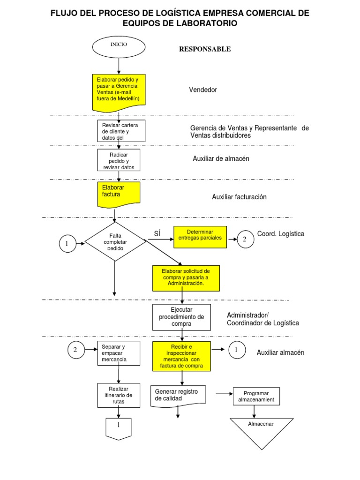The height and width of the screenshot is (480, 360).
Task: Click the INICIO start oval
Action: click(119, 45)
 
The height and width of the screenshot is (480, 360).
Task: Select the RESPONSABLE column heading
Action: click(205, 49)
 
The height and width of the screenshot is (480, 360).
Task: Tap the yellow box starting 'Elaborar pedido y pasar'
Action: click(119, 91)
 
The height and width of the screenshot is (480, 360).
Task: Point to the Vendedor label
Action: click(203, 90)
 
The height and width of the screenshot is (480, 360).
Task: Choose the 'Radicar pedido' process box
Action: click(119, 160)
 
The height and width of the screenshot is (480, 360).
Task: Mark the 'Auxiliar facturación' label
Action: click(239, 197)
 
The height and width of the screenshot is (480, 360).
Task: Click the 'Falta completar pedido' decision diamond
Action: click(115, 242)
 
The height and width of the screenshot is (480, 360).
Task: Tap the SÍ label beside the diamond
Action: click(157, 234)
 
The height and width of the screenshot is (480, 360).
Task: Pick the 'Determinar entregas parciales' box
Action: click(200, 237)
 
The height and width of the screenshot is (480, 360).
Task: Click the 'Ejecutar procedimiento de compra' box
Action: click(181, 317)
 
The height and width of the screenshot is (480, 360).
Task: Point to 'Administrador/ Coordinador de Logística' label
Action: click(262, 319)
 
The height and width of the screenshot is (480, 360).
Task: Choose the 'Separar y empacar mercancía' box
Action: click(119, 353)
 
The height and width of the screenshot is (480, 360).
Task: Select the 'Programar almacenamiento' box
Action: click(256, 397)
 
